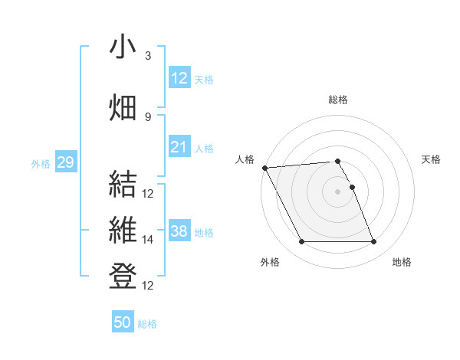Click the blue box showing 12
(x=179, y=78)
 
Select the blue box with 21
(x=179, y=147)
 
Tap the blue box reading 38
(x=179, y=231)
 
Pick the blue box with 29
(x=65, y=162)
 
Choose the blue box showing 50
(x=122, y=322)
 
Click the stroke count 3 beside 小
(x=147, y=56)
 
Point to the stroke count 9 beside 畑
(x=147, y=116)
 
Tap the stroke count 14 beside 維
(x=148, y=240)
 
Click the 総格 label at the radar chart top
(x=338, y=100)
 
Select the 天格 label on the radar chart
(x=431, y=159)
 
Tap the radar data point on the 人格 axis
(x=264, y=168)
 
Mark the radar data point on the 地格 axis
(x=373, y=242)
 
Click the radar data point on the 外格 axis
(x=301, y=242)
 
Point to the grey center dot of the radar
(x=338, y=191)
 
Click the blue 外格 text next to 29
(x=40, y=163)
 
